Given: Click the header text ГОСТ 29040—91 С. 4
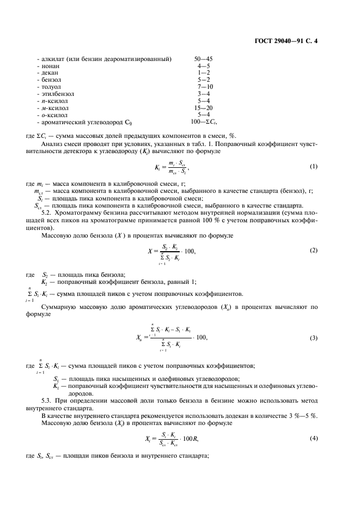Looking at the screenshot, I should tap(286, 40).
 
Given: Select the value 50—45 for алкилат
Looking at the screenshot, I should tap(204, 58).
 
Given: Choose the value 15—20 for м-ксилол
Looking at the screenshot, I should tap(204, 108).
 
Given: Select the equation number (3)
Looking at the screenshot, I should tap(313, 338).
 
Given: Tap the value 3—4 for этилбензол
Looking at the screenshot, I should tap(204, 94).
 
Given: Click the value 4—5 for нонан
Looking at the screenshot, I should tap(204, 65).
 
